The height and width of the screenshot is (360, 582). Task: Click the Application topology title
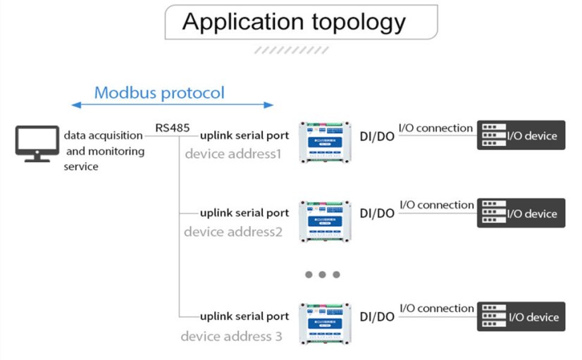[x=294, y=22]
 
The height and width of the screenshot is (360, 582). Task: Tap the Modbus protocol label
[x=159, y=92]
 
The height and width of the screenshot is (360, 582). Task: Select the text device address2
[x=233, y=231]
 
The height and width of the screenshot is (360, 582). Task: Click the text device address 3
[x=231, y=336]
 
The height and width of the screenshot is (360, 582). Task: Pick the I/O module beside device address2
[x=324, y=221]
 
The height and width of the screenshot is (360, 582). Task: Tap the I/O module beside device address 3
[x=324, y=323]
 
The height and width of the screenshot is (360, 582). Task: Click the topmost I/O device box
[x=521, y=135]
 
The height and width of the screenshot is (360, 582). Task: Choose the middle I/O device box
[x=521, y=213]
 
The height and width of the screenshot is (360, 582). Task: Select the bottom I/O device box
[x=521, y=316]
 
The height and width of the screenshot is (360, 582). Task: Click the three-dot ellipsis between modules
[x=323, y=275]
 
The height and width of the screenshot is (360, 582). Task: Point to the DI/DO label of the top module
[x=377, y=135]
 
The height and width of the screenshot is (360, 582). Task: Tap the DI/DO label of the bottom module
[x=377, y=316]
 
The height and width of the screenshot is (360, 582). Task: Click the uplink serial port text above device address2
[x=244, y=212]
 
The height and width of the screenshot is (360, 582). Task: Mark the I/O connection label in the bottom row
[x=436, y=308]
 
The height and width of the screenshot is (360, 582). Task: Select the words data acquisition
[x=104, y=135]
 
